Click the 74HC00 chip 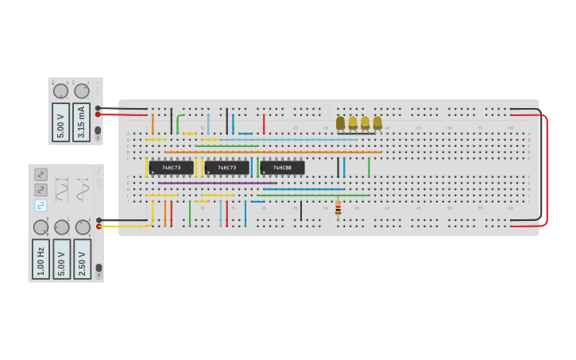[x=282, y=168]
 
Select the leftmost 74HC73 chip [x=171, y=168]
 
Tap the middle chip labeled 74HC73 [x=226, y=168]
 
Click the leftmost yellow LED [x=341, y=123]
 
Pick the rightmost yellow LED [x=377, y=123]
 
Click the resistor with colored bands [x=338, y=207]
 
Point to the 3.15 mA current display [x=81, y=122]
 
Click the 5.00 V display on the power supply [x=60, y=122]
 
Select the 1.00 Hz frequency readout [x=41, y=258]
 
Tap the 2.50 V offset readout [x=82, y=258]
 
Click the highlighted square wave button [x=41, y=205]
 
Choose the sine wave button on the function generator [x=41, y=175]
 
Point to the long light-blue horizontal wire [x=286, y=140]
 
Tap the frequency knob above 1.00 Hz [x=41, y=227]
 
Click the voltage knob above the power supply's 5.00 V [x=60, y=91]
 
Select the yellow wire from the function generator [x=127, y=226]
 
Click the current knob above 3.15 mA [x=81, y=91]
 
